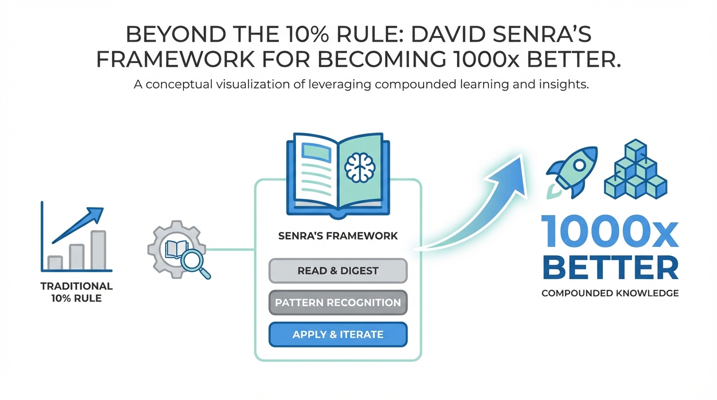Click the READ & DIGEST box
pos(338,271)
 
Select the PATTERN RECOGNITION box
pos(338,303)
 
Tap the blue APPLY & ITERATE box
pos(338,334)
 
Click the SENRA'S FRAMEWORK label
pos(338,236)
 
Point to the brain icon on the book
pos(360,168)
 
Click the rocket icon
pos(572,169)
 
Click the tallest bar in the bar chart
pos(98,250)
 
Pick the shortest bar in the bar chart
pos(55,262)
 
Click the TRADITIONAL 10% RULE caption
pos(76,293)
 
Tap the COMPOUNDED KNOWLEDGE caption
pos(610,293)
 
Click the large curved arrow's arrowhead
pos(508,172)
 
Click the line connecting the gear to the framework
pos(231,249)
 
